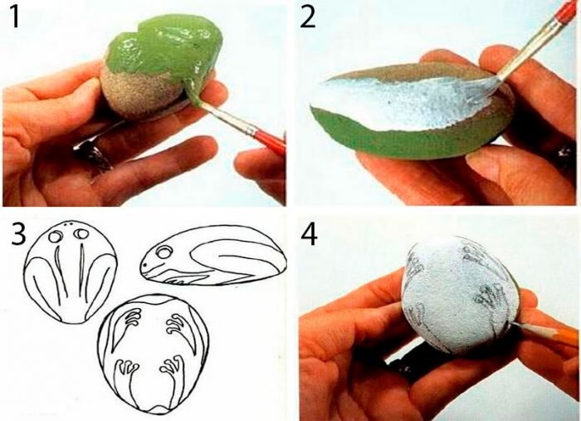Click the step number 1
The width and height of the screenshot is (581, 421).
point(14,17)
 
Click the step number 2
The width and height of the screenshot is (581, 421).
point(308,17)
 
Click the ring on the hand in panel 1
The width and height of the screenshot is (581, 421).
point(93,153)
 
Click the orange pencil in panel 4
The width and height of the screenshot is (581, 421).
point(549,334)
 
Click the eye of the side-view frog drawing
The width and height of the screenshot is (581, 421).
point(163,252)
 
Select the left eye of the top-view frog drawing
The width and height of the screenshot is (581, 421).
point(56,236)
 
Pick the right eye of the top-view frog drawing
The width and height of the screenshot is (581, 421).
point(81,233)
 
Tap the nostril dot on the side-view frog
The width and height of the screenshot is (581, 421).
point(145,265)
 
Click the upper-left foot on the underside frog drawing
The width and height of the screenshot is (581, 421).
point(134,318)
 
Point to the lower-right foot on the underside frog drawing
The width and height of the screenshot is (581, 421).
point(172,365)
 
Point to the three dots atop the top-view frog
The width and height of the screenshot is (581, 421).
point(67,223)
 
